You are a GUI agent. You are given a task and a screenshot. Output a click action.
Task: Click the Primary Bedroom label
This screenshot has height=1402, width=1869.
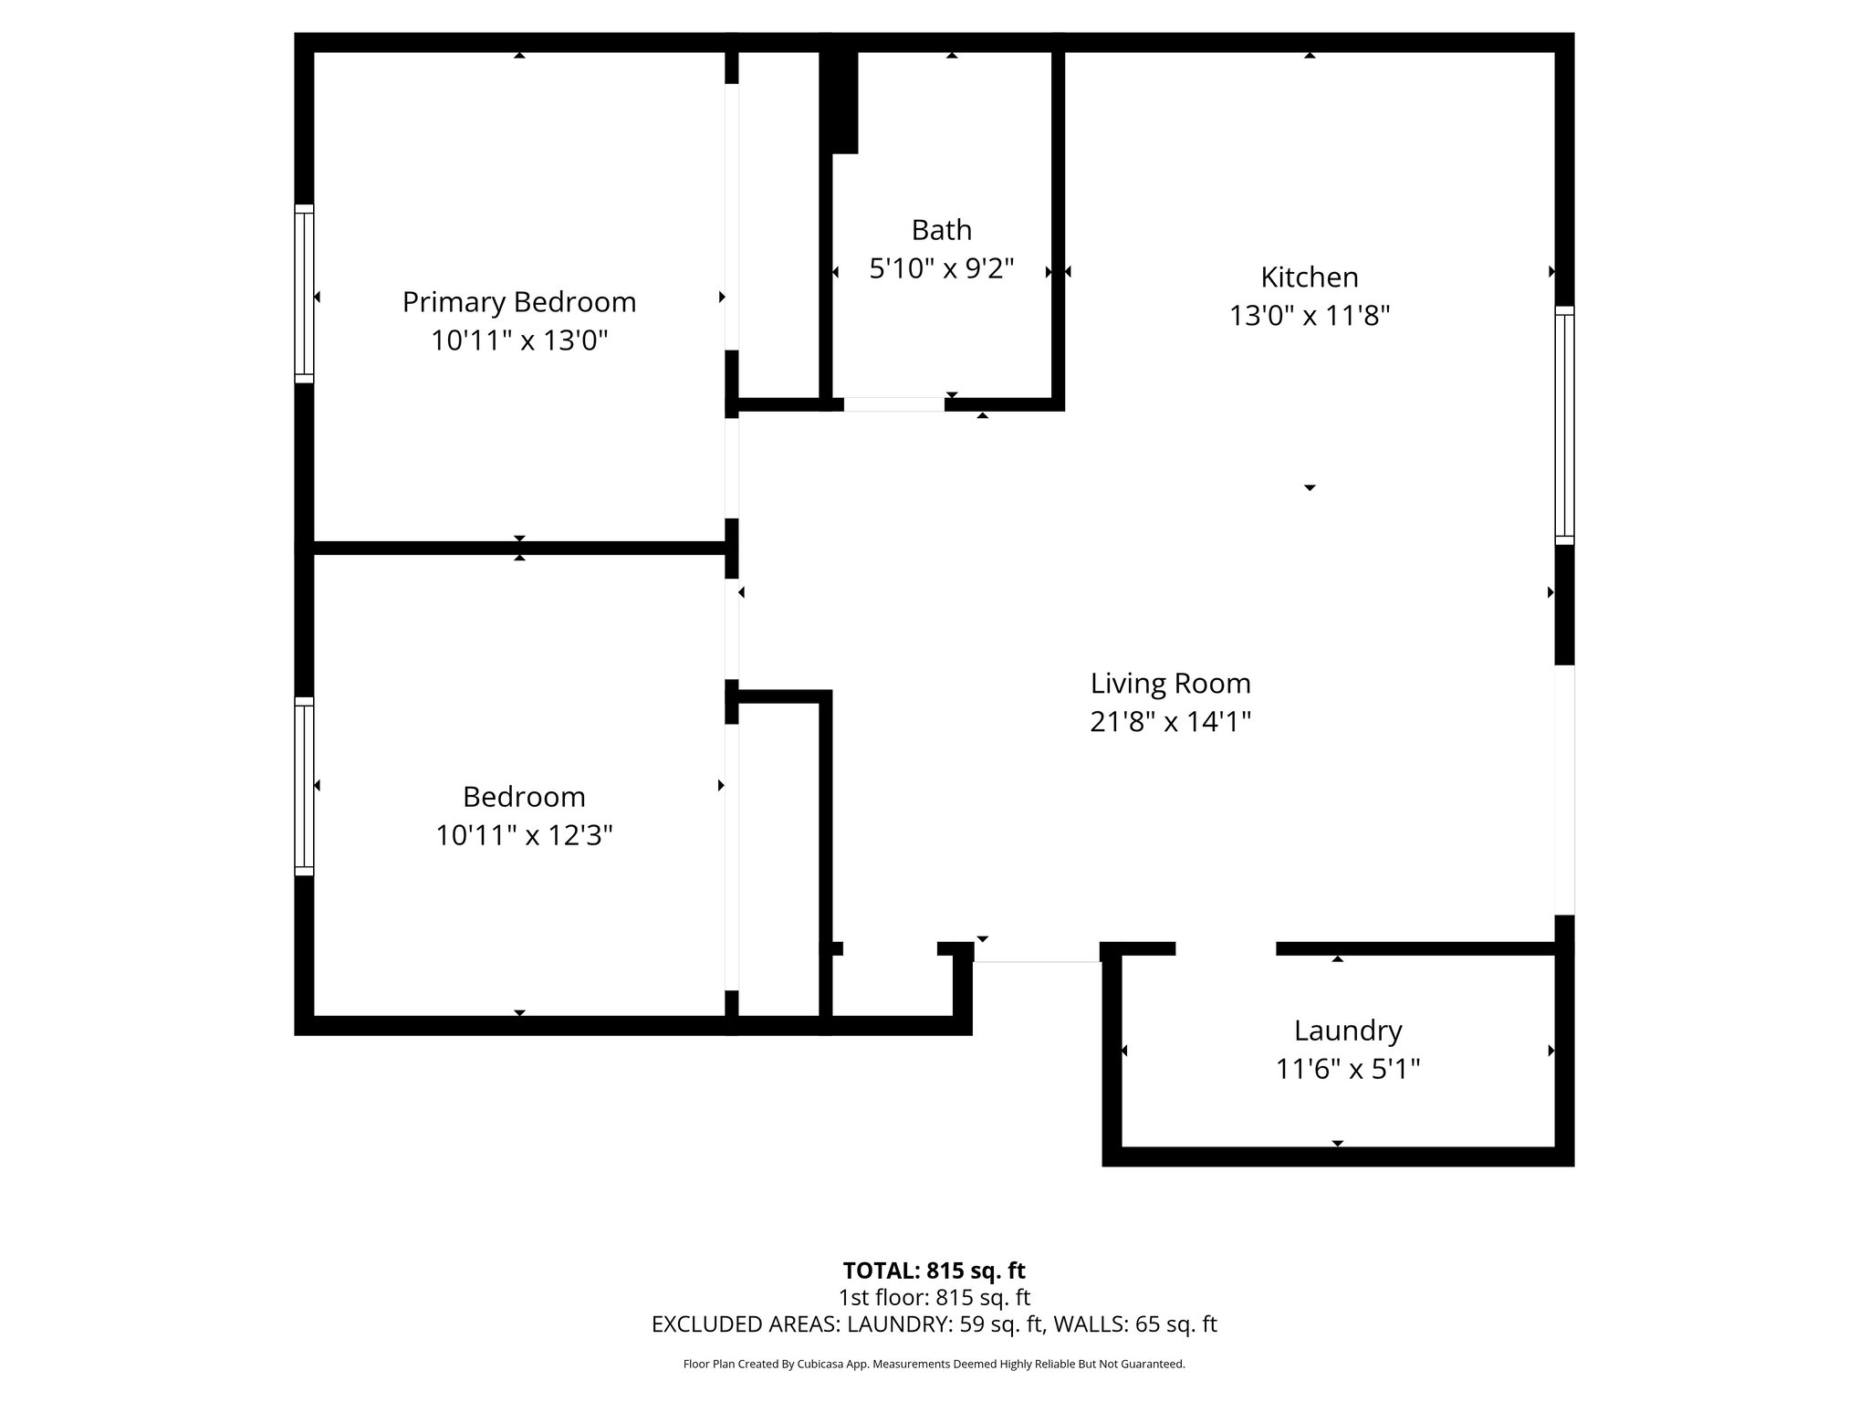pyautogui.click(x=518, y=301)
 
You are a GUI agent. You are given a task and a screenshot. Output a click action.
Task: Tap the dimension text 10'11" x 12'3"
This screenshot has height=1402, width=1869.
pyautogui.click(x=523, y=835)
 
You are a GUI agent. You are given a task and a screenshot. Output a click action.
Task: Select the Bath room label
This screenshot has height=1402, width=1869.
pyautogui.click(x=941, y=229)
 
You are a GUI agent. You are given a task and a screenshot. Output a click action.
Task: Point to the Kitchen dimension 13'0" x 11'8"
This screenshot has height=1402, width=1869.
pyautogui.click(x=1309, y=316)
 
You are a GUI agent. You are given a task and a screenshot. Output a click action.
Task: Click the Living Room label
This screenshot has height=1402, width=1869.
pyautogui.click(x=1170, y=683)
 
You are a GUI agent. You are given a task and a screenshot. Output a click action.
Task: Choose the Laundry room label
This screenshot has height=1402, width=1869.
pyautogui.click(x=1347, y=1031)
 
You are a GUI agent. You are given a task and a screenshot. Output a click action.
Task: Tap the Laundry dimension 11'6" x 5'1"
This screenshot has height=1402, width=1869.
pyautogui.click(x=1347, y=1069)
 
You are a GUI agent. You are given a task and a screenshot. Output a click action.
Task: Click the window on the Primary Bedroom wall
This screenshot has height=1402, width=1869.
pyautogui.click(x=304, y=293)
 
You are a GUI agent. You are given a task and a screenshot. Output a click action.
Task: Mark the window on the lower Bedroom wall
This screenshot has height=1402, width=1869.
pyautogui.click(x=304, y=787)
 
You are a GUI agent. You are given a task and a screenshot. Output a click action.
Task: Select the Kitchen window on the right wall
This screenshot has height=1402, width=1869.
pyautogui.click(x=1564, y=425)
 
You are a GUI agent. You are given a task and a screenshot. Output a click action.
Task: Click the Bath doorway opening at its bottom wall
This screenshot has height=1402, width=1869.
pyautogui.click(x=893, y=404)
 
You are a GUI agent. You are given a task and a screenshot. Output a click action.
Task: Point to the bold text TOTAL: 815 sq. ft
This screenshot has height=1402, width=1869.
pyautogui.click(x=934, y=1271)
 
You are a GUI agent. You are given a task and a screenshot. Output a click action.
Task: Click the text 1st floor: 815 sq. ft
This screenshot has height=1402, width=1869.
pyautogui.click(x=934, y=1297)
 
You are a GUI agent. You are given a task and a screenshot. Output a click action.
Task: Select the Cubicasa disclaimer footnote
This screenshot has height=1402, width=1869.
pyautogui.click(x=934, y=1365)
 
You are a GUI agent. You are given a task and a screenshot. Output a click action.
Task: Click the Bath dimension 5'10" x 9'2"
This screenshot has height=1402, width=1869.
pyautogui.click(x=941, y=269)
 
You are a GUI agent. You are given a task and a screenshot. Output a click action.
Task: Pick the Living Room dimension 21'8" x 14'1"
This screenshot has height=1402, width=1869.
pyautogui.click(x=1170, y=722)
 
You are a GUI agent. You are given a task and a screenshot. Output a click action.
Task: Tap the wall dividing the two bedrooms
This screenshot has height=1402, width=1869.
pyautogui.click(x=518, y=549)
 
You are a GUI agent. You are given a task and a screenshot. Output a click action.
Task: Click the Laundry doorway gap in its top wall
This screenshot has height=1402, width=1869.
pyautogui.click(x=1225, y=949)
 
